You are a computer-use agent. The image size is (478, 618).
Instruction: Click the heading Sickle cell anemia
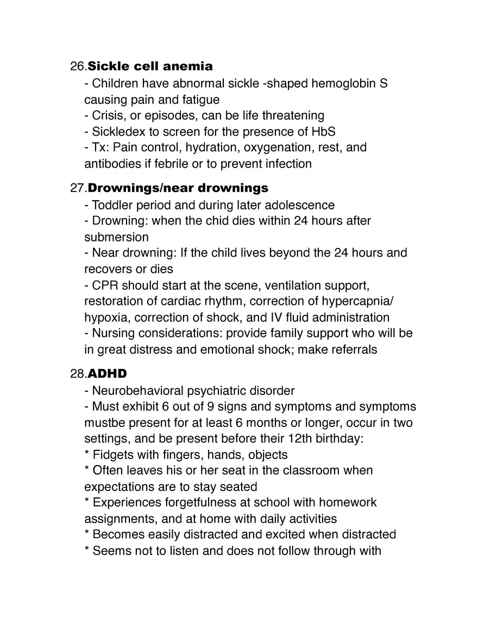[150, 67]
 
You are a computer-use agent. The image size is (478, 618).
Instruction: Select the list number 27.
[78, 188]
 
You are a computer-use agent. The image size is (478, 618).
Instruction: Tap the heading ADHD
[107, 374]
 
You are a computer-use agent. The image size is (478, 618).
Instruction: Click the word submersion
[116, 237]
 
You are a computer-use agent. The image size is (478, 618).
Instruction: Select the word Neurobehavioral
[137, 391]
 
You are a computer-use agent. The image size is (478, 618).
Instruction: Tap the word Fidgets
[113, 455]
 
